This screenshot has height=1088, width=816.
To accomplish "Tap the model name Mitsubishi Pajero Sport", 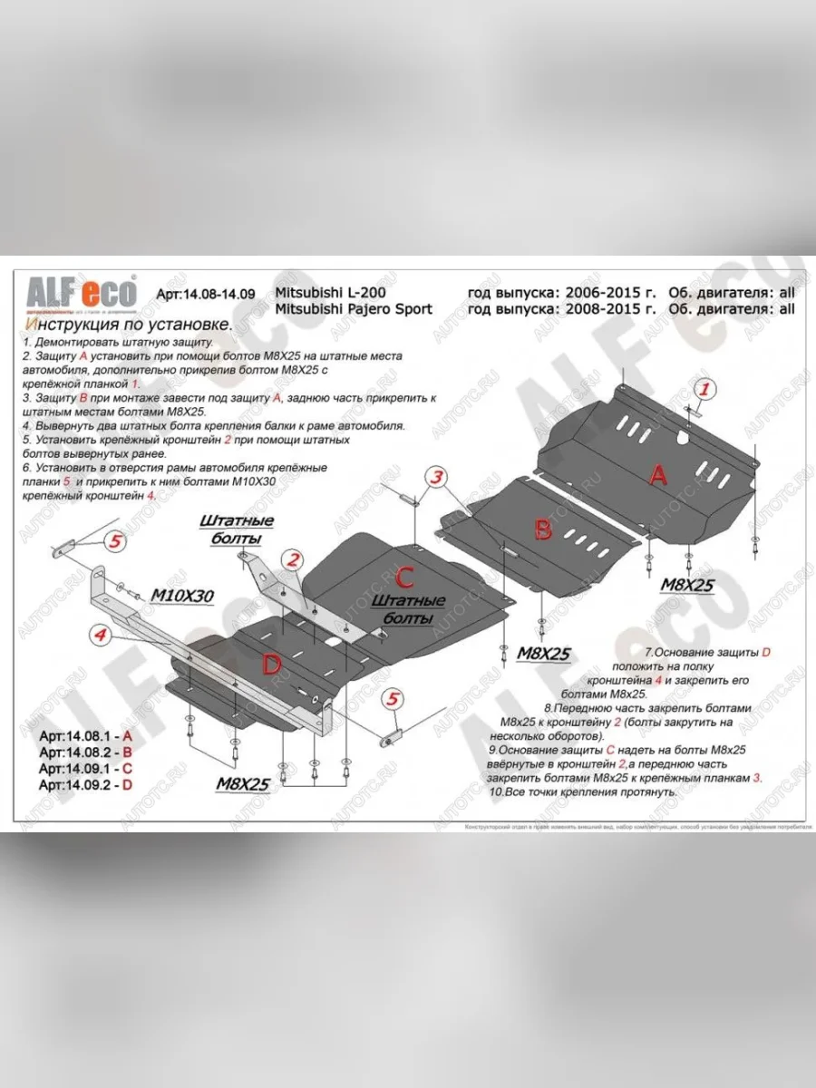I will tap(353, 308).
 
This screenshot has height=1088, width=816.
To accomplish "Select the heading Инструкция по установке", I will tap(128, 325).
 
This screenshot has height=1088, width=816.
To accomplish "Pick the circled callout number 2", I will tap(292, 561).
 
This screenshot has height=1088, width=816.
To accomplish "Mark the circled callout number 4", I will tap(102, 637).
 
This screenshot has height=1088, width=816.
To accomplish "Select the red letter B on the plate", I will tap(542, 529).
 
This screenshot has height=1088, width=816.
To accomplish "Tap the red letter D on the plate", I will tap(271, 665).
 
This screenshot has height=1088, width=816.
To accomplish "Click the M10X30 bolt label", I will tap(181, 595).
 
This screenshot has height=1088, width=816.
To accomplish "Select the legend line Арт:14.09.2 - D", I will tap(86, 784).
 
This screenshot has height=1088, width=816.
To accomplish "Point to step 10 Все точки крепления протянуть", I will tap(583, 792).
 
